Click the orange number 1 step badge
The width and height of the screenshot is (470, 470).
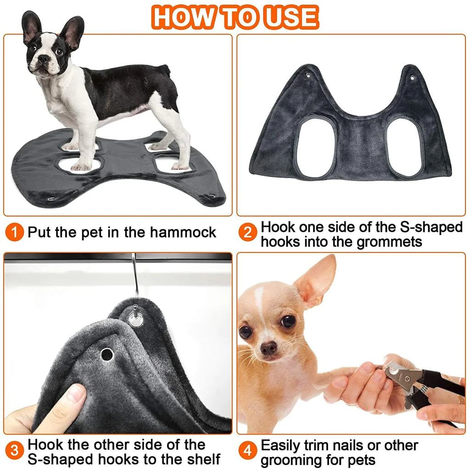(x=15, y=232)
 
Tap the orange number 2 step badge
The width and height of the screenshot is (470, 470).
(x=248, y=233)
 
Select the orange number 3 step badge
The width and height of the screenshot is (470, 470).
(x=15, y=451)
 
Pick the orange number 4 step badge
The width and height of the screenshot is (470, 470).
(x=248, y=451)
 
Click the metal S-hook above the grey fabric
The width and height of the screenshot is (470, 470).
(x=134, y=275)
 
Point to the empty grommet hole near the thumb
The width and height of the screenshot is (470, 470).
(x=106, y=354)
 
